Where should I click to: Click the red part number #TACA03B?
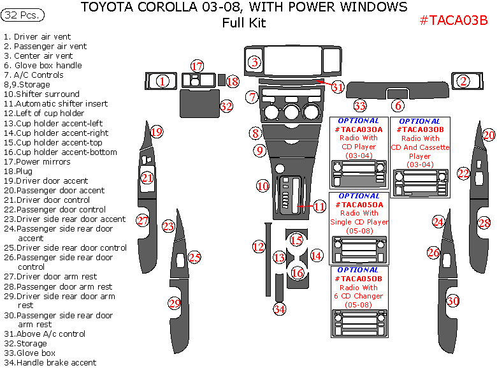454,20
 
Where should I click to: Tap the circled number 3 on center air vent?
254,62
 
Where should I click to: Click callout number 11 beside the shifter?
319,206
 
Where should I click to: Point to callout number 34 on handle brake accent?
279,309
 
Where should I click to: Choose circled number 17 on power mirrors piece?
198,66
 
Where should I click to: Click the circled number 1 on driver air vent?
162,81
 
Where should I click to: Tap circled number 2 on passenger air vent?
463,81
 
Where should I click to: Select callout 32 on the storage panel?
226,107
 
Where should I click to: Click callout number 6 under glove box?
398,106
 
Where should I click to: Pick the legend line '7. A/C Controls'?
34,75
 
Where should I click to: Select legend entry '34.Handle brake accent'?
50,362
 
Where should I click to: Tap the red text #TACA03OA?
359,129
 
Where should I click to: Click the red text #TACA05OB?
358,279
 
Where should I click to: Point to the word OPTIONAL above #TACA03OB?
419,121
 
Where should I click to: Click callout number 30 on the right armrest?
452,300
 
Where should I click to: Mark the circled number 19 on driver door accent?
156,132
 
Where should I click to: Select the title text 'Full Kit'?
244,24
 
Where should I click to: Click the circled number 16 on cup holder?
297,273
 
